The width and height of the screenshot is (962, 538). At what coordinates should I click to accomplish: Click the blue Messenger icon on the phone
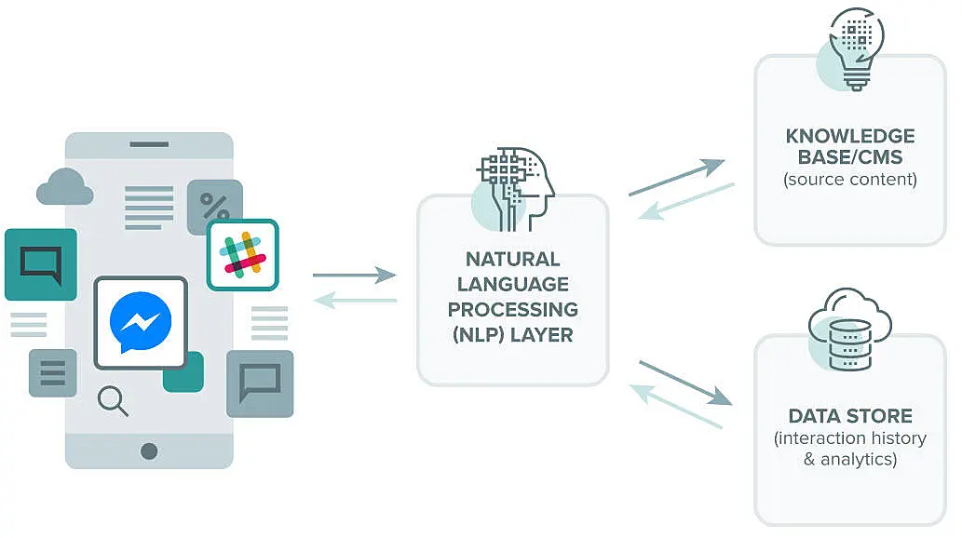tap(141, 321)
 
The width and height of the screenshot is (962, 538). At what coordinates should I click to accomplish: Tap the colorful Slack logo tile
tap(242, 254)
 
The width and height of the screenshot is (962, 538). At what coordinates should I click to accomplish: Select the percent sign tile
tap(215, 206)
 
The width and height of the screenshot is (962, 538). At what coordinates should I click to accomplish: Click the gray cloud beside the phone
tap(64, 188)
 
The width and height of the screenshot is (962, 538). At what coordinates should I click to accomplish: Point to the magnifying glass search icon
tap(113, 401)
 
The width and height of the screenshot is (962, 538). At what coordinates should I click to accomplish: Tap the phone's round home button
tap(149, 451)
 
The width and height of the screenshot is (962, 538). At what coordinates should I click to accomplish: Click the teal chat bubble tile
tap(40, 263)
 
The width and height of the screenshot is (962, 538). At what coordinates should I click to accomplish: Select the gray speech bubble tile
tap(260, 382)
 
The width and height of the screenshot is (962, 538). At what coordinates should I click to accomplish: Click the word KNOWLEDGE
tap(849, 137)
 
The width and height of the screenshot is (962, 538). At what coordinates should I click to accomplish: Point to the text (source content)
tap(849, 179)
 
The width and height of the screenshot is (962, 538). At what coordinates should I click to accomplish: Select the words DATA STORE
tap(849, 416)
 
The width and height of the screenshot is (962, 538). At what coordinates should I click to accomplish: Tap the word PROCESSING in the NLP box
tap(512, 309)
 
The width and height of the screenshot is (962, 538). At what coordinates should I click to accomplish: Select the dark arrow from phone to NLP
tap(355, 275)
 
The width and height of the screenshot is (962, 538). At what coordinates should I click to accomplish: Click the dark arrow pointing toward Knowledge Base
tap(677, 178)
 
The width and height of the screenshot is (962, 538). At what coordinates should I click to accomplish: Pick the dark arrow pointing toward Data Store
tap(684, 383)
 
